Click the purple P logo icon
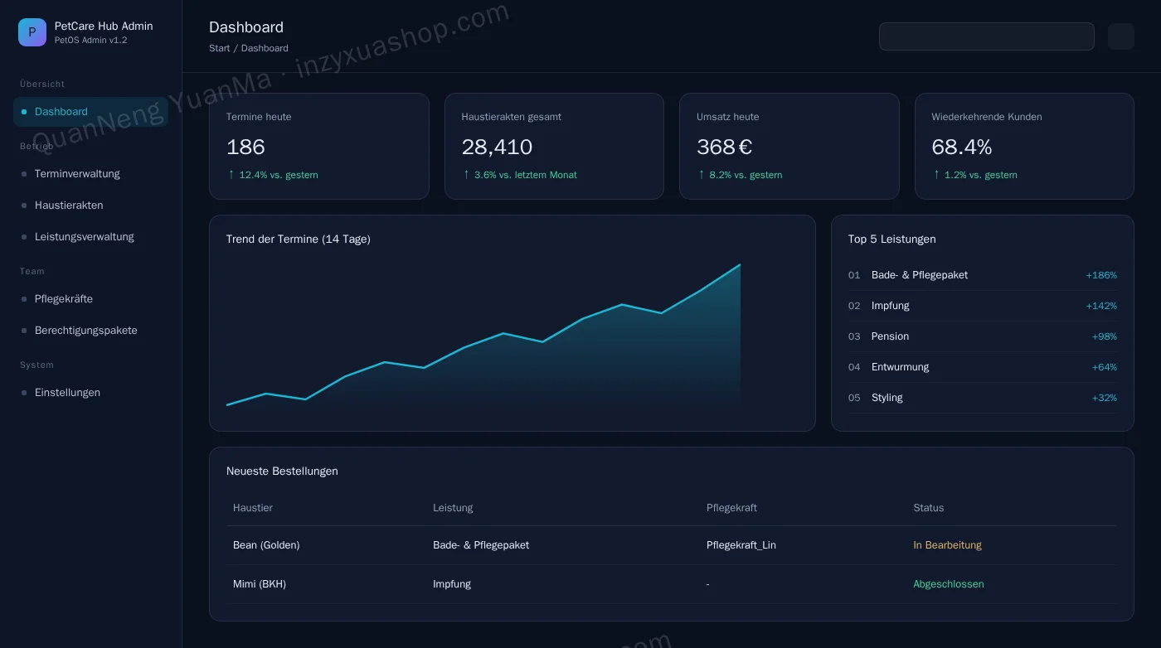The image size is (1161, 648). tap(32, 32)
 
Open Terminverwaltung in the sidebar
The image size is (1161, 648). tap(77, 174)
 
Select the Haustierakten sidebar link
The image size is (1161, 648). tap(69, 206)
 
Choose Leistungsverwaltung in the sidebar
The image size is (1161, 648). tap(85, 237)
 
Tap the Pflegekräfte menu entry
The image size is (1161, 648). tap(64, 299)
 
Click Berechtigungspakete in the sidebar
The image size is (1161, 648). tap(86, 331)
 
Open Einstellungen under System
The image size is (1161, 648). tap(67, 393)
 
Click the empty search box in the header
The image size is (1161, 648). tap(986, 36)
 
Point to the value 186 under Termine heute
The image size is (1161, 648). tap(245, 147)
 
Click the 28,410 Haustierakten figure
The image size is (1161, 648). tap(497, 147)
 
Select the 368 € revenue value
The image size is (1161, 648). tap(724, 147)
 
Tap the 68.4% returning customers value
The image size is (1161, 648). tap(961, 147)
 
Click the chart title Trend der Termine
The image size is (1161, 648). tap(298, 239)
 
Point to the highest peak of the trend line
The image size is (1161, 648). tap(740, 264)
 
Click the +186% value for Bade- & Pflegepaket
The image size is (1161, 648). tap(1101, 275)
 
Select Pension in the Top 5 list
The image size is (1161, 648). tap(890, 336)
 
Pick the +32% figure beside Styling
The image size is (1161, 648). tap(1105, 398)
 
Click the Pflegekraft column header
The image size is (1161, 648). tap(731, 508)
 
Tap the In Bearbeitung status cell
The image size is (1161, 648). tap(947, 545)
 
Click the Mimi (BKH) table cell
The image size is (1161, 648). tap(259, 583)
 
